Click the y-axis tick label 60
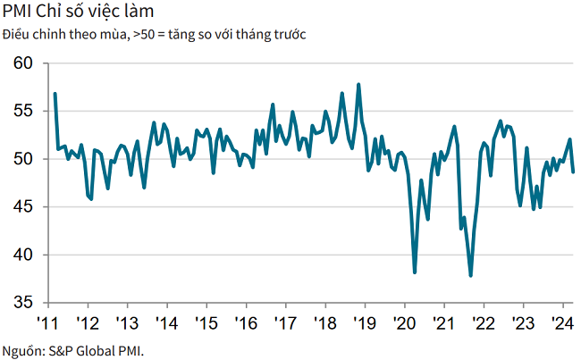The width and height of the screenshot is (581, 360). (23, 63)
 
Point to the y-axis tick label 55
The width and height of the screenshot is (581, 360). (23, 111)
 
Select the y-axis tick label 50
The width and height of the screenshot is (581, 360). (23, 159)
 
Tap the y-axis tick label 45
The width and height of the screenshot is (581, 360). (23, 206)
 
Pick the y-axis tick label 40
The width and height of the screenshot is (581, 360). (23, 255)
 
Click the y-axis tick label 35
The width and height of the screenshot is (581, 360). (23, 303)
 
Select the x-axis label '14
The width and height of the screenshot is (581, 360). (166, 322)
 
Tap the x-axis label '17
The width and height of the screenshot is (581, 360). (285, 322)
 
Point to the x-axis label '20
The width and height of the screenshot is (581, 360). (404, 322)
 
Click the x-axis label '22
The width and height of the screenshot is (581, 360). (484, 322)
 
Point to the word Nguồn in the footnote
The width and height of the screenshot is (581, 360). (21, 349)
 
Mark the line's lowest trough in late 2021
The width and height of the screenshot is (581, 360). (470, 276)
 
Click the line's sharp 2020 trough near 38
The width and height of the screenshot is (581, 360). (415, 272)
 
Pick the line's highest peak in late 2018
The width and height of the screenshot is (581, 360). (358, 85)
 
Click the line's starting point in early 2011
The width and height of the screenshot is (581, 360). (55, 94)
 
